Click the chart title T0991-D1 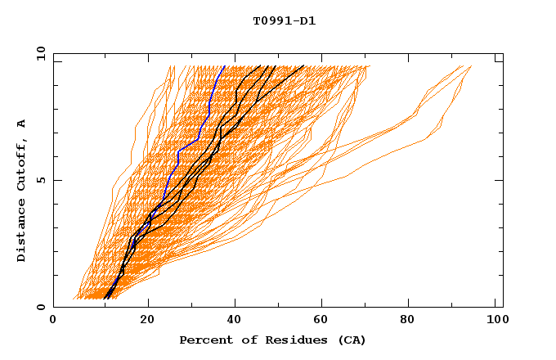pyautogui.click(x=284, y=20)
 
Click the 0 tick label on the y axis pyautogui.click(x=41, y=307)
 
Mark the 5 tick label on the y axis pyautogui.click(x=41, y=180)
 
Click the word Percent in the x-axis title pyautogui.click(x=204, y=340)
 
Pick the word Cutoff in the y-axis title pyautogui.click(x=22, y=160)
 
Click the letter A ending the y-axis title pyautogui.click(x=22, y=124)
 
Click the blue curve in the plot pyautogui.click(x=177, y=155)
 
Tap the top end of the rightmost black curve pyautogui.click(x=304, y=65)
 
